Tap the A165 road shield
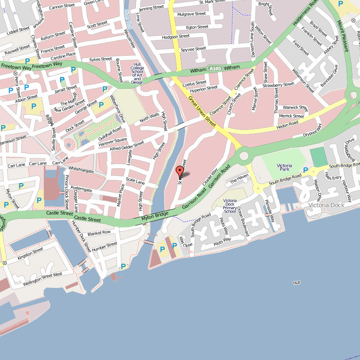tap(214, 68)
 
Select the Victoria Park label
tap(284, 168)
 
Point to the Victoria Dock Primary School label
tap(230, 206)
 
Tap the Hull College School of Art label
tap(137, 73)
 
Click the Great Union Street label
tap(202, 110)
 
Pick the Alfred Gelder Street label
tap(127, 147)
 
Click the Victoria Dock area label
tap(326, 205)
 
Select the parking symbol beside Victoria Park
tap(306, 170)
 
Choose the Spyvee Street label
tap(193, 49)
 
